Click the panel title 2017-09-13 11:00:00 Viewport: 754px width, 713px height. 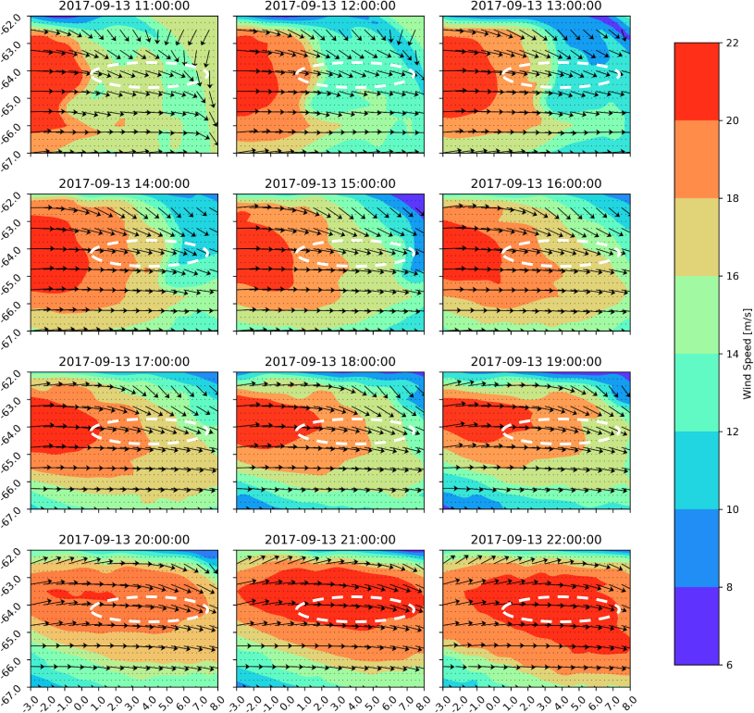point(124,6)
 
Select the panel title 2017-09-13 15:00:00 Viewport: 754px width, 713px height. point(330,183)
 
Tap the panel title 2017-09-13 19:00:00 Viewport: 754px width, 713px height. point(537,361)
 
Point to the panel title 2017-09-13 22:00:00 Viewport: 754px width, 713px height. point(537,540)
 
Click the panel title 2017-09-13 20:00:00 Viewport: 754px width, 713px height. point(124,540)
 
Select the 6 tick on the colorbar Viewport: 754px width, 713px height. point(729,665)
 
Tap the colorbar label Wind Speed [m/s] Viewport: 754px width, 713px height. point(746,354)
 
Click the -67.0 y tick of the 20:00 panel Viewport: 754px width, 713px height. point(16,686)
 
